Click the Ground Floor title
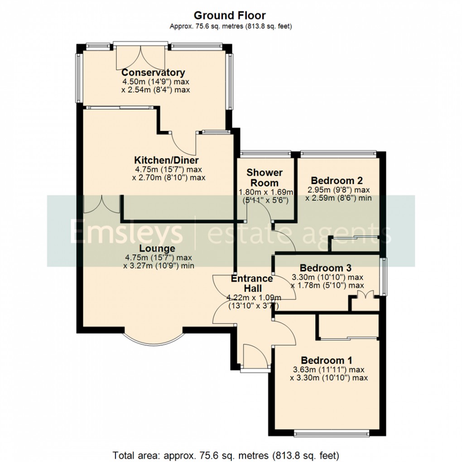click(x=231, y=16)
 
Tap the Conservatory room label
click(x=153, y=72)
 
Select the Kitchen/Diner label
click(x=166, y=160)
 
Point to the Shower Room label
click(x=265, y=178)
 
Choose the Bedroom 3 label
click(x=326, y=268)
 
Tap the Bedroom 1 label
click(x=327, y=361)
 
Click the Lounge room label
click(x=157, y=248)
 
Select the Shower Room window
click(x=265, y=154)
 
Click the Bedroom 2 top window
click(x=338, y=153)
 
